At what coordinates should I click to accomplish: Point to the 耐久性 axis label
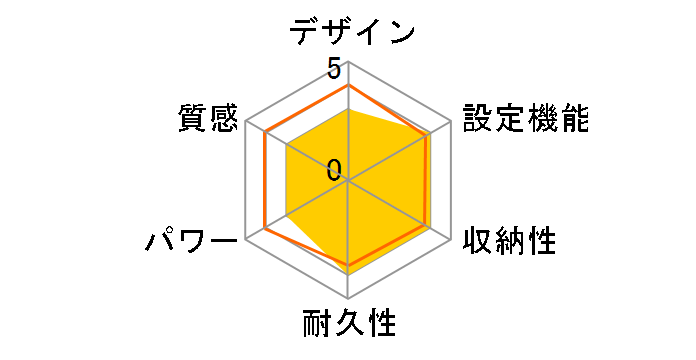(x=349, y=325)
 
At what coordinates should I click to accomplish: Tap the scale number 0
(x=334, y=169)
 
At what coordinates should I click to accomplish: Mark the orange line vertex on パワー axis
(x=266, y=228)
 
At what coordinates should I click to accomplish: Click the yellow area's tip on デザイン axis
(x=348, y=109)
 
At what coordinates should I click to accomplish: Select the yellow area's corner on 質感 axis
(x=286, y=145)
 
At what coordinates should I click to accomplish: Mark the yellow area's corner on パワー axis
(x=286, y=216)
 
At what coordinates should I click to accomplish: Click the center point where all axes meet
(x=348, y=180)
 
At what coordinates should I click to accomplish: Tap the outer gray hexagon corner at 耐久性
(x=348, y=298)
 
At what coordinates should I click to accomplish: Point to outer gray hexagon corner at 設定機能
(x=450, y=121)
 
